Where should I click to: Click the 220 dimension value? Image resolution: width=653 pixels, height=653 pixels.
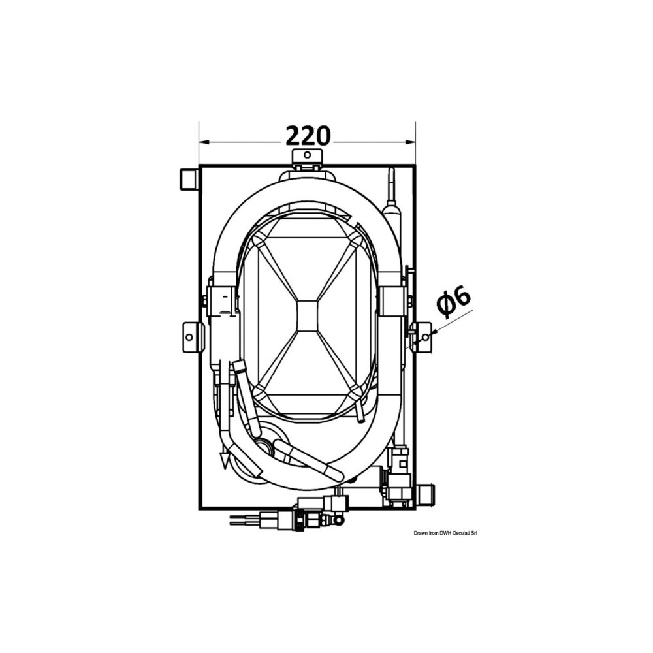[308, 136]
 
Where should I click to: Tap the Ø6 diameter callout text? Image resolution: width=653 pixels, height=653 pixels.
[454, 299]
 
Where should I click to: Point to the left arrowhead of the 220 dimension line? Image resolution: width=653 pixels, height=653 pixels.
[204, 142]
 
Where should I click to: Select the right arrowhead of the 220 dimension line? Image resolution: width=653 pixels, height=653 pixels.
[411, 142]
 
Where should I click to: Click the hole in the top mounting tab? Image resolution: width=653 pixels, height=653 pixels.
[307, 155]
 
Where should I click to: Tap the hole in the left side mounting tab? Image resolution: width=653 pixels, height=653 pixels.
[189, 336]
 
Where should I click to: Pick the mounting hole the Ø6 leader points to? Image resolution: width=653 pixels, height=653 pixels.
[425, 336]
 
